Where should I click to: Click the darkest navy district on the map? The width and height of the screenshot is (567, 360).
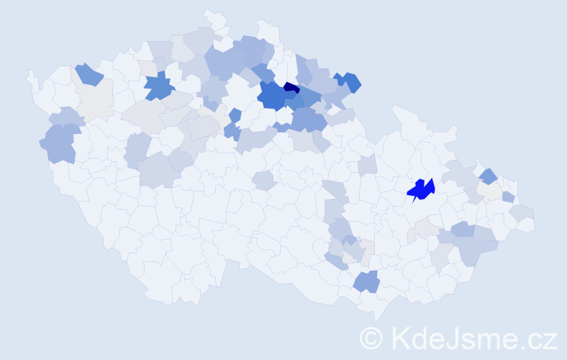(291, 88)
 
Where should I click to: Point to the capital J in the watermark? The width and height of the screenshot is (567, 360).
(453, 338)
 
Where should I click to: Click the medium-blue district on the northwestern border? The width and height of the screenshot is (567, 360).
(87, 73)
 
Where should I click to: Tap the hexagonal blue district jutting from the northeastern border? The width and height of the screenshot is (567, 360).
(350, 82)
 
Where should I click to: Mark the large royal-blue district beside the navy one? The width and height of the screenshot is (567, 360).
(272, 95)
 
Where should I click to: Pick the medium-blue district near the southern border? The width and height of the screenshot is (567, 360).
(366, 281)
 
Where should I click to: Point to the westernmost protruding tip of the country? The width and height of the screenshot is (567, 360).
(28, 73)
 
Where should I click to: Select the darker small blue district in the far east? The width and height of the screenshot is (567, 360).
(489, 175)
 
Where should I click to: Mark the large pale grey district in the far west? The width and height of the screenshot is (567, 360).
(94, 98)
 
